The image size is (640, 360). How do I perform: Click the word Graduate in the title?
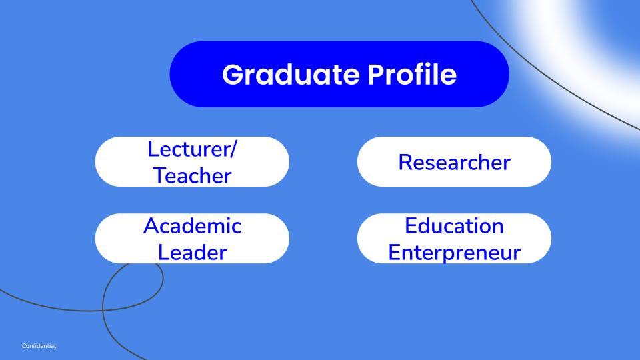291,75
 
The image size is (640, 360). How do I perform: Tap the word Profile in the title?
412,74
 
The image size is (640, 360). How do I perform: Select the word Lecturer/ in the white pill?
192,149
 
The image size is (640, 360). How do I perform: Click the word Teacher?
192,175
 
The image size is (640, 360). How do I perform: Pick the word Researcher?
454,162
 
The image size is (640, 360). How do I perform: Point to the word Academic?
192,226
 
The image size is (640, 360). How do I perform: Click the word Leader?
192,252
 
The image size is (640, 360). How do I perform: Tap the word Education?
454,226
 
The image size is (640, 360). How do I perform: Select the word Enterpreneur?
454,253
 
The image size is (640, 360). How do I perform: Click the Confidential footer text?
39,346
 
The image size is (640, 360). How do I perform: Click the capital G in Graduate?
233,75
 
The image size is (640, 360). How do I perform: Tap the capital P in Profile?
376,74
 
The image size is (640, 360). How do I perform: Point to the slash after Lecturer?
233,149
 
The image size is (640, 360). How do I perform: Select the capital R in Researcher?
405,162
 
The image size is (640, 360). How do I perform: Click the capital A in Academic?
151,226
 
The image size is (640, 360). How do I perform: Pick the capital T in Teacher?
160,175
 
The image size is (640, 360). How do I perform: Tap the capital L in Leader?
163,252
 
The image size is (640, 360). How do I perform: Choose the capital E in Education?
411,226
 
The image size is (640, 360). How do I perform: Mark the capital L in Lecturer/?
153,149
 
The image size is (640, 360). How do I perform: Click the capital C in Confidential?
25,346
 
